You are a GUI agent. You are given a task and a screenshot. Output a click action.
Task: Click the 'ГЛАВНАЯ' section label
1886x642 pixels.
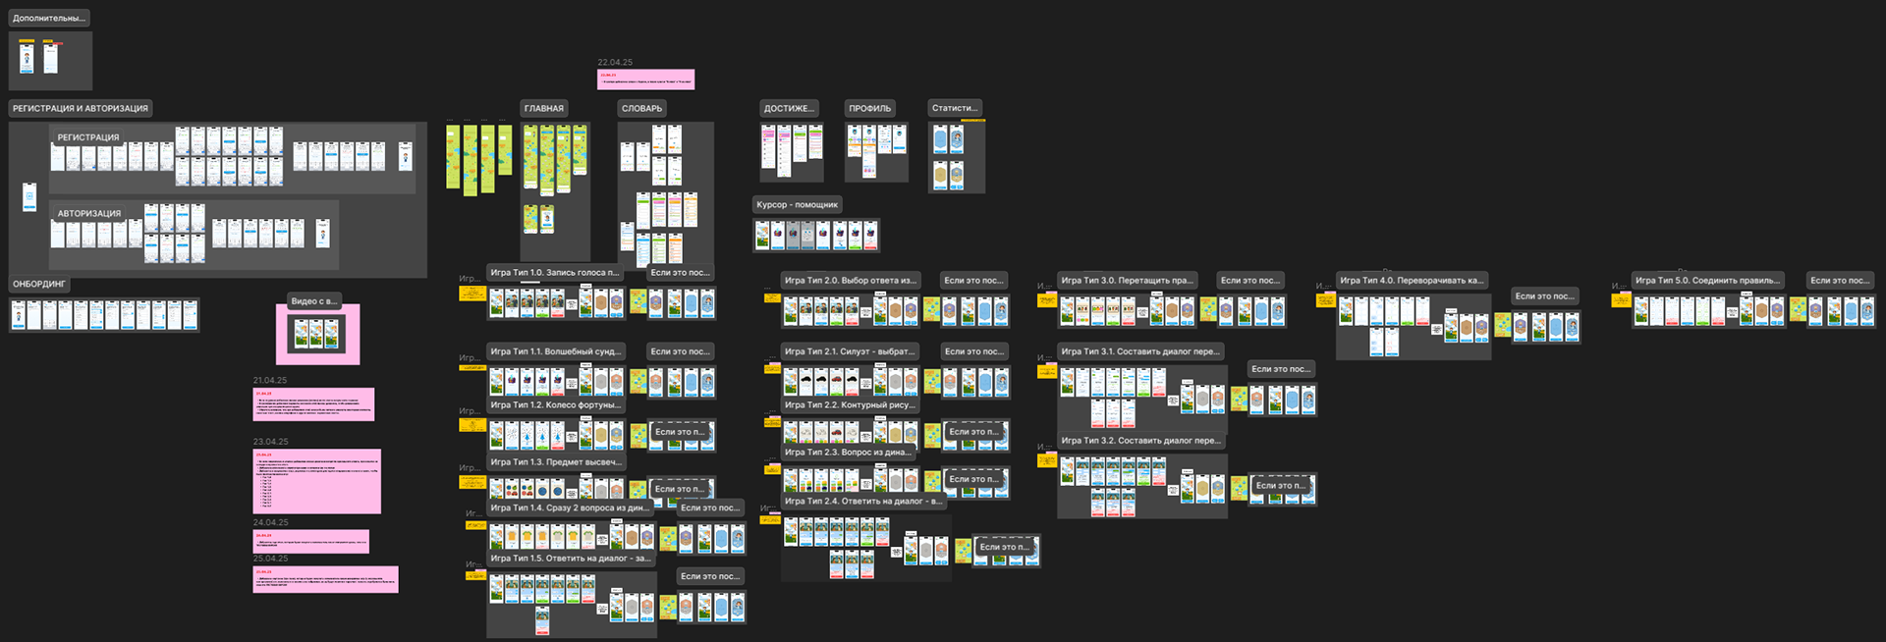click(543, 109)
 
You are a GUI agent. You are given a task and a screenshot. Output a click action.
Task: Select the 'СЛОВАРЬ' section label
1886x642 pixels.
click(641, 109)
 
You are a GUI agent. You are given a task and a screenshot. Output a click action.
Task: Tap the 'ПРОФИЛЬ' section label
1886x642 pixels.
click(869, 109)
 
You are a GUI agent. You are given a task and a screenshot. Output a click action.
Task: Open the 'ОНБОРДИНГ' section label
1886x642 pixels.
click(39, 285)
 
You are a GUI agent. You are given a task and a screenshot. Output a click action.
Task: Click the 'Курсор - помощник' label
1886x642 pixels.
click(797, 205)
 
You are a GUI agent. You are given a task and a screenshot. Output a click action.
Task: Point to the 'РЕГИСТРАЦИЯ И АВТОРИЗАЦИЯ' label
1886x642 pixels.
click(81, 109)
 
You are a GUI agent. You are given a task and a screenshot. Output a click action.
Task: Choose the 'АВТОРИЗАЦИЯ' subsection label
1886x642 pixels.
click(89, 214)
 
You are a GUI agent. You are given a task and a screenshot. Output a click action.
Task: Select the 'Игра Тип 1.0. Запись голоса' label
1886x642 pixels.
click(554, 273)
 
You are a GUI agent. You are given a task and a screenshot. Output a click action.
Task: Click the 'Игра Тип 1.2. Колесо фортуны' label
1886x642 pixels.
click(555, 405)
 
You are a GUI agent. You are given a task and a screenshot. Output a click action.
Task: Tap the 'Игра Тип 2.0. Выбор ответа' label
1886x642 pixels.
click(850, 281)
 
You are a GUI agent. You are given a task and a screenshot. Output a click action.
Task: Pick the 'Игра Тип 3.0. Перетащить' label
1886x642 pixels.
click(1127, 281)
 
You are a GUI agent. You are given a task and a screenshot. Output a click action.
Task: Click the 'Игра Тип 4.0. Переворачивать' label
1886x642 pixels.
click(1412, 281)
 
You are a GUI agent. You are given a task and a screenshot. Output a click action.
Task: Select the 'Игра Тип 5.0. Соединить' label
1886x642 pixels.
click(1707, 281)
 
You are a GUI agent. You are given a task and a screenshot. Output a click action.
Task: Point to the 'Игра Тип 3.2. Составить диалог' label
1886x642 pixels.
click(1140, 441)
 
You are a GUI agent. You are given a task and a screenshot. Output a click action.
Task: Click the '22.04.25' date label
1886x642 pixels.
click(615, 63)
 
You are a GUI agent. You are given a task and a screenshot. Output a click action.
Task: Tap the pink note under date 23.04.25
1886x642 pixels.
click(316, 481)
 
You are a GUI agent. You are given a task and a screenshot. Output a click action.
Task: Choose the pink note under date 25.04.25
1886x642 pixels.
click(325, 579)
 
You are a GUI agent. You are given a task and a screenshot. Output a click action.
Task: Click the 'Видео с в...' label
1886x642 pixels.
click(314, 301)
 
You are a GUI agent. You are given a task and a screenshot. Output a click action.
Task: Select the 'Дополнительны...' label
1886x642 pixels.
click(49, 19)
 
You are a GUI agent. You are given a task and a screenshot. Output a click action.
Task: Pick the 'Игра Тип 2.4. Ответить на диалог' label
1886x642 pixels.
click(862, 502)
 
